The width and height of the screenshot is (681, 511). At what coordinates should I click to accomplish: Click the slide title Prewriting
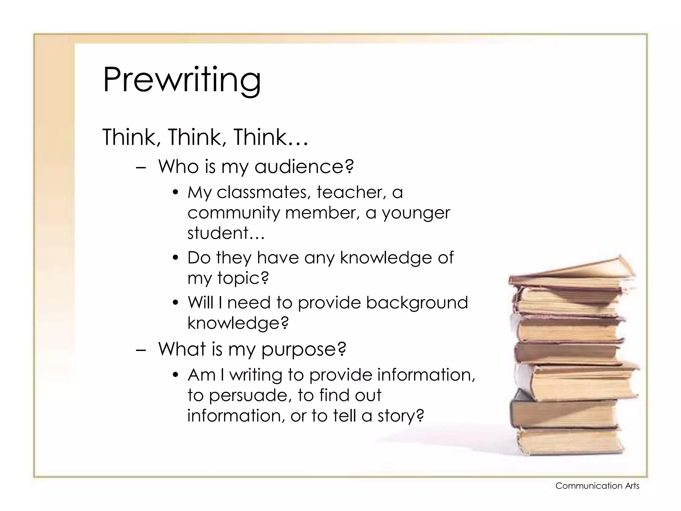click(182, 80)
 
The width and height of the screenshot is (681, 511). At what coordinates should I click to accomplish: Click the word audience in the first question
click(304, 166)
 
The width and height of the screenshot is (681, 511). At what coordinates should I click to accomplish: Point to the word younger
click(416, 213)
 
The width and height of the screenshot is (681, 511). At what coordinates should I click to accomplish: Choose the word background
click(417, 303)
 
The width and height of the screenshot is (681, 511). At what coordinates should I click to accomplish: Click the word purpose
click(303, 349)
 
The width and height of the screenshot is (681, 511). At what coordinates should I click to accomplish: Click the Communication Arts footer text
click(597, 486)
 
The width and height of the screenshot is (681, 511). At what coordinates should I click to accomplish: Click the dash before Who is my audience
click(141, 167)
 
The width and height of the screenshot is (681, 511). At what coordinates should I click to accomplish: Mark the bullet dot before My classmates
click(176, 193)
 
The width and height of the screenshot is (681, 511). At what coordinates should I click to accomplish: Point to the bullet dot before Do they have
click(176, 258)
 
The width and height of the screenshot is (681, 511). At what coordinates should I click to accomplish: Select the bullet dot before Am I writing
click(176, 376)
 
